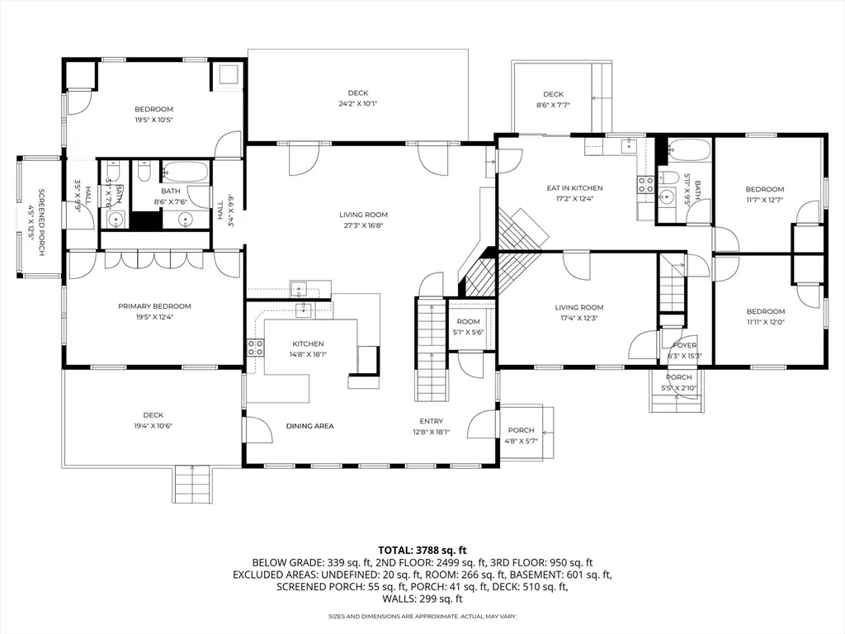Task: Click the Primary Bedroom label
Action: click(153, 305)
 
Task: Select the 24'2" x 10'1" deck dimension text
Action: click(357, 104)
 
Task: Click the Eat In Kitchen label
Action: click(574, 188)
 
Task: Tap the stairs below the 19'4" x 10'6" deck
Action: click(192, 484)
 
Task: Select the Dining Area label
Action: click(309, 426)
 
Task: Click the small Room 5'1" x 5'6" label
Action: click(468, 321)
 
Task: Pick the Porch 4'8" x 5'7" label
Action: click(521, 430)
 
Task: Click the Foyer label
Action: click(685, 346)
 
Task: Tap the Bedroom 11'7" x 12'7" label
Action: click(764, 189)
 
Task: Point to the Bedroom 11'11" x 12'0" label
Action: click(764, 311)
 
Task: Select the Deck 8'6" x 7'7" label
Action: click(552, 94)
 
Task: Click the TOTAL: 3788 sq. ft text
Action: click(422, 549)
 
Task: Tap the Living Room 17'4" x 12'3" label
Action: click(579, 307)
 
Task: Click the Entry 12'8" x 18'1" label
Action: click(431, 421)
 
